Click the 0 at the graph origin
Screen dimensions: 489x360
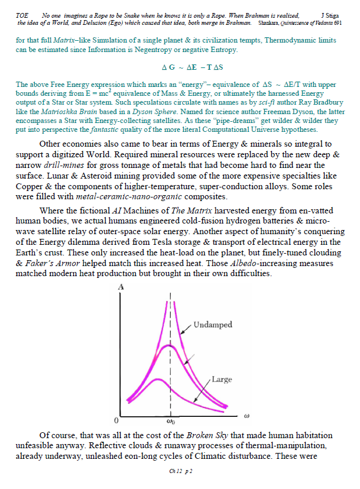pyautogui.click(x=116, y=420)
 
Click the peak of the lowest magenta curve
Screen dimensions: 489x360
pyautogui.click(x=157, y=379)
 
